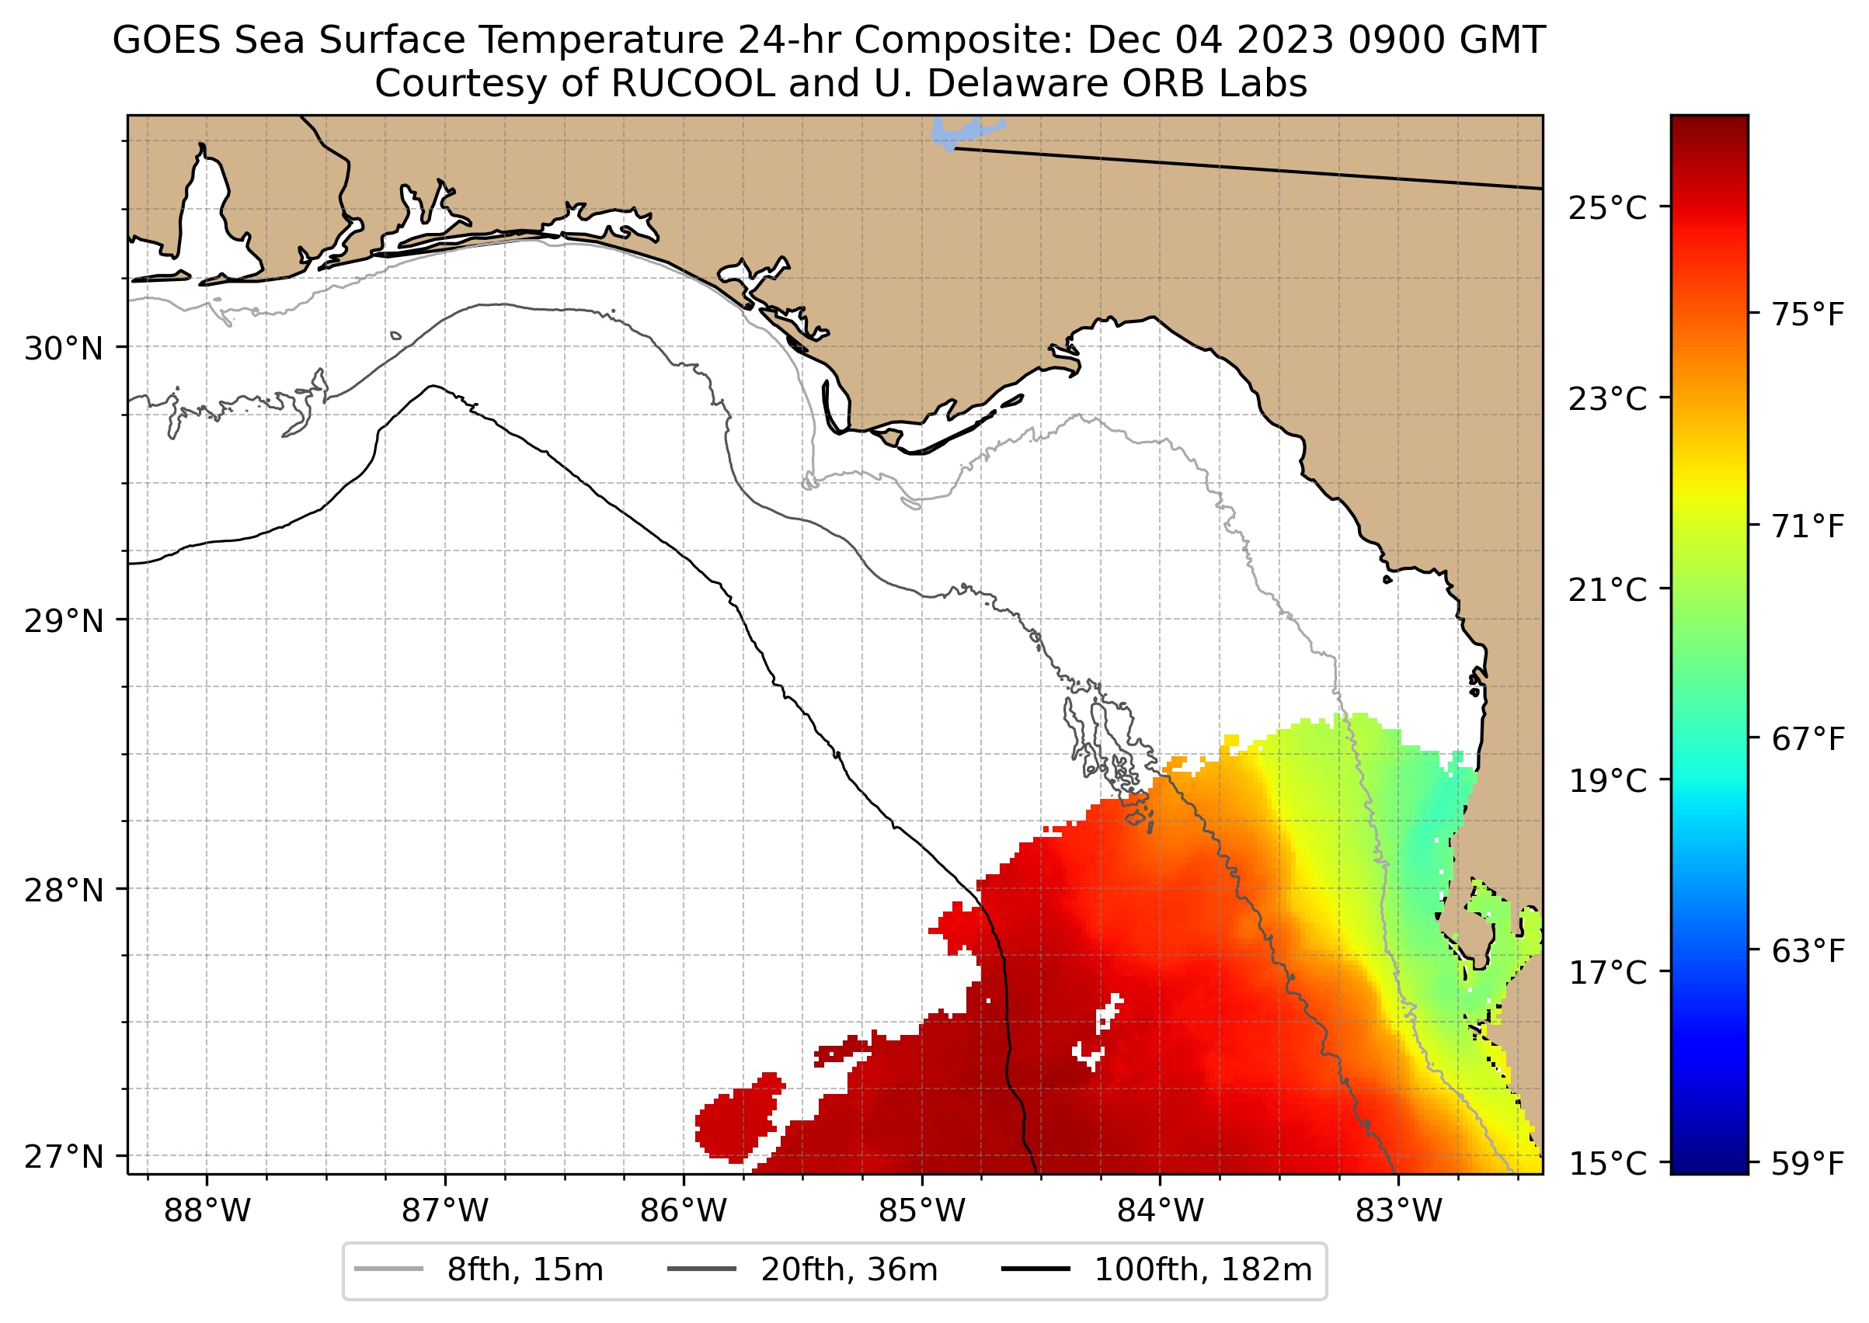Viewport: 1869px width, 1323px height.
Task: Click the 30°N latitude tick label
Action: (64, 349)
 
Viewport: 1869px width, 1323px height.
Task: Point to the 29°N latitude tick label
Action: (64, 621)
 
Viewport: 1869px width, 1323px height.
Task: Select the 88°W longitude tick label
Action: (207, 1211)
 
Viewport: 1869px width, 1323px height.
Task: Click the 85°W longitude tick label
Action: (922, 1211)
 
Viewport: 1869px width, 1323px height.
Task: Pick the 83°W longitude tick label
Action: (1399, 1211)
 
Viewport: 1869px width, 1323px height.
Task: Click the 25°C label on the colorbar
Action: (1607, 209)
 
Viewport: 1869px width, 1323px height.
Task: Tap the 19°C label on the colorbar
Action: (1607, 780)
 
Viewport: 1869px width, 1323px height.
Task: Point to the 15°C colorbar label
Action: (1607, 1163)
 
